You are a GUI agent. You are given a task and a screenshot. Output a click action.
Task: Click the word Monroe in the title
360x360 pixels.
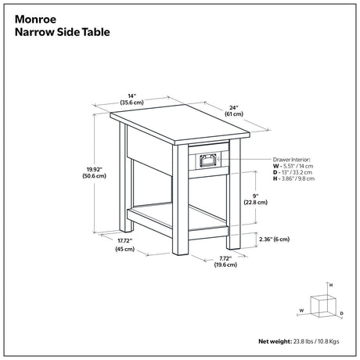click(35, 20)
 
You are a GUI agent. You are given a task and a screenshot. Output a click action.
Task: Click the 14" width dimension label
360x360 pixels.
click(132, 96)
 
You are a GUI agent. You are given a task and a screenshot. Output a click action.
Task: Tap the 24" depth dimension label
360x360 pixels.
click(234, 107)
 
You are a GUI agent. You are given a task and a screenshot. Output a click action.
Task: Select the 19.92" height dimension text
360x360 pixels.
click(95, 169)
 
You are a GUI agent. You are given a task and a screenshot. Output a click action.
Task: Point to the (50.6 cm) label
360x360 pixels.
click(95, 176)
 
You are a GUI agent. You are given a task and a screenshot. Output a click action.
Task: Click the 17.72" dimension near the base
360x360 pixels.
click(125, 240)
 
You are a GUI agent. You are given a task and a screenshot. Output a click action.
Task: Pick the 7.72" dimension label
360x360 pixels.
click(225, 258)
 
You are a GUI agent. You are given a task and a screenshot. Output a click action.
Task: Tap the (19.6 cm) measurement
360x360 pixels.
click(225, 265)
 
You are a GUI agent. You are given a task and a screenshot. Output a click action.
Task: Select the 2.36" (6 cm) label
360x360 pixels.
click(275, 239)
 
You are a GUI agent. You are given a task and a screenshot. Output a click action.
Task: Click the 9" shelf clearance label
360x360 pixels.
click(256, 196)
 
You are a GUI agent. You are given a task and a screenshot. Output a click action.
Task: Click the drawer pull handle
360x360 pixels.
click(208, 160)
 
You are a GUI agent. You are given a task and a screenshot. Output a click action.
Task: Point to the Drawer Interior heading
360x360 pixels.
click(292, 160)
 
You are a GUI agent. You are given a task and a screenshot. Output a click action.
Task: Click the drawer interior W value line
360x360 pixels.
click(293, 166)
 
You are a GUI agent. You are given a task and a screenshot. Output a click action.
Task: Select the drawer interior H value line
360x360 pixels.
click(293, 178)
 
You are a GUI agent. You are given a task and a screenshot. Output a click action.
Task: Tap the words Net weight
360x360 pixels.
click(275, 341)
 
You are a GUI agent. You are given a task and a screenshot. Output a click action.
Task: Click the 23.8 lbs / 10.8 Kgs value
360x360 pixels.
click(316, 341)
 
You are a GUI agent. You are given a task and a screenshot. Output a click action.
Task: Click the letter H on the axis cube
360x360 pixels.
click(331, 285)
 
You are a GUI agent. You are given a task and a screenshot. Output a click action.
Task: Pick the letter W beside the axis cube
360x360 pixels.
click(301, 311)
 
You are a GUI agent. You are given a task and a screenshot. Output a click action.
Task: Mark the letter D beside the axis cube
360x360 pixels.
click(342, 313)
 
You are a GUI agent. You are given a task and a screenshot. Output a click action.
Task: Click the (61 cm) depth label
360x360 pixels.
click(234, 114)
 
